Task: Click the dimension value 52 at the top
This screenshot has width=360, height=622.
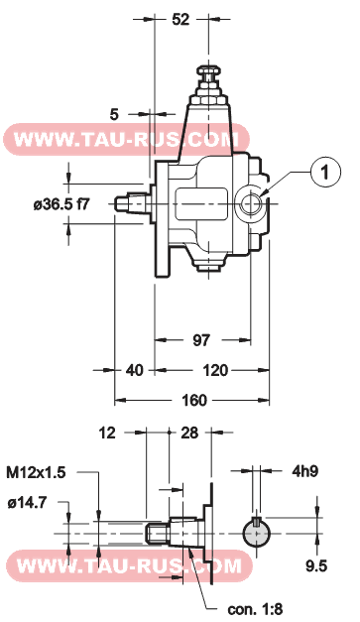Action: point(180,19)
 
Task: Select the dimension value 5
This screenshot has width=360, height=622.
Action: point(114,114)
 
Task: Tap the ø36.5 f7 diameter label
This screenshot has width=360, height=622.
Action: point(61,204)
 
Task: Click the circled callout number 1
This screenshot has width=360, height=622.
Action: point(325,173)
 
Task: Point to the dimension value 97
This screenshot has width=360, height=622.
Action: point(201,340)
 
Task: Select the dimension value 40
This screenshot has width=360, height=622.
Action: point(135,370)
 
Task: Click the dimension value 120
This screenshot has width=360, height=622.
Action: point(215,370)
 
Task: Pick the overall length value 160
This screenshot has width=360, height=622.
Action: point(194,400)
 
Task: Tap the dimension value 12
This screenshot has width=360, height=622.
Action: point(107,433)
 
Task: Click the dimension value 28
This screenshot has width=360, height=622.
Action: point(189,433)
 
